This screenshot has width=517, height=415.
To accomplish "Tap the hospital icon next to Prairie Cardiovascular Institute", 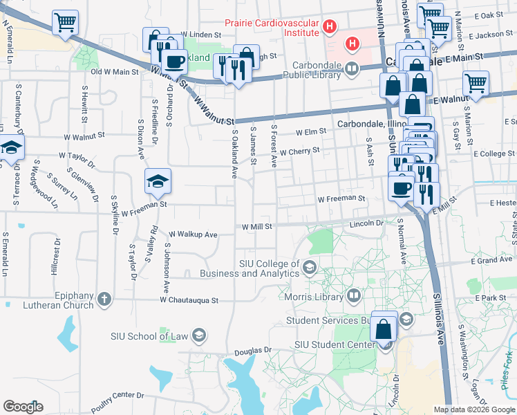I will [330, 27].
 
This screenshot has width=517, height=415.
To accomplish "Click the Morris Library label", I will [314, 297].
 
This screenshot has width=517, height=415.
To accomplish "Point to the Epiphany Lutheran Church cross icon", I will [104, 299].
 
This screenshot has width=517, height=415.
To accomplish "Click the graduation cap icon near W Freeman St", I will [158, 182].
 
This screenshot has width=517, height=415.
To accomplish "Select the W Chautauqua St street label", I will [189, 301].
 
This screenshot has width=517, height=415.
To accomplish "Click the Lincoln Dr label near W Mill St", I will [366, 223].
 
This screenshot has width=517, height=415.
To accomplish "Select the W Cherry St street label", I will [300, 150].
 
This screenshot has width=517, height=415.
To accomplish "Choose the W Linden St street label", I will [199, 33].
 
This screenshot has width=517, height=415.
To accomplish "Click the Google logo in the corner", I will [23, 407].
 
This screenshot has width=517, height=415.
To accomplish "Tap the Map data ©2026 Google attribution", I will [473, 409].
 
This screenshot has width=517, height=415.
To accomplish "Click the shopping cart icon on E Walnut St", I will [476, 84].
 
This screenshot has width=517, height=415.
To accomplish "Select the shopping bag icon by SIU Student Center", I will [384, 328].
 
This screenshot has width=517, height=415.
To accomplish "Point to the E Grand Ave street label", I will [491, 261].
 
